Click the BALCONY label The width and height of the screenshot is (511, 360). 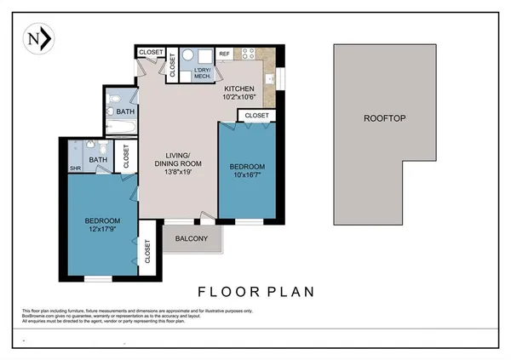click(x=191, y=239)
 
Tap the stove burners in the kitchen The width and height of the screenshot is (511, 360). click(x=250, y=54)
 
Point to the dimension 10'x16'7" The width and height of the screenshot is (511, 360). click(x=247, y=176)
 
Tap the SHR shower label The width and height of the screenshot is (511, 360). click(x=74, y=168)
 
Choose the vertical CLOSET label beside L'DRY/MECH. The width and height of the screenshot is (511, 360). click(x=172, y=65)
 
